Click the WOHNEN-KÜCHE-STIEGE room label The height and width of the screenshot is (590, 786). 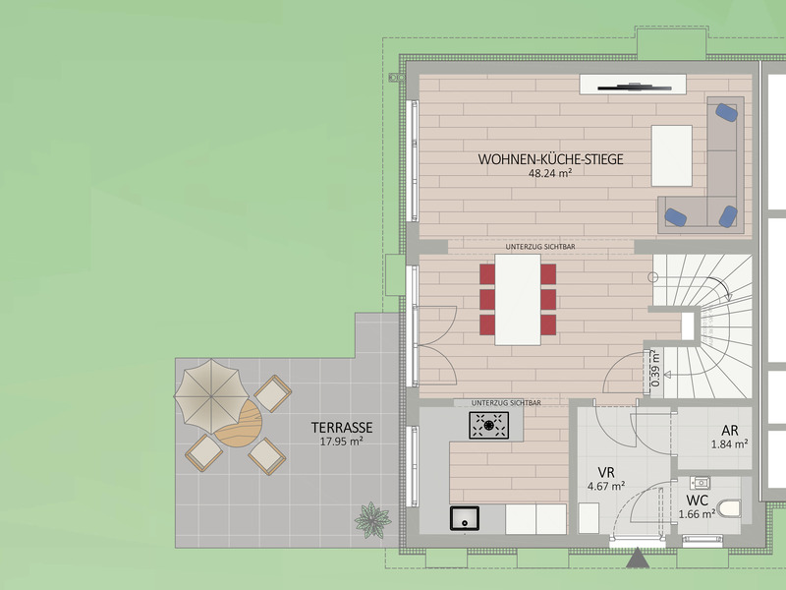(550, 159)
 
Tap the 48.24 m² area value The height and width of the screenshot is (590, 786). (550, 174)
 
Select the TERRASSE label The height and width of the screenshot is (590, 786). (342, 428)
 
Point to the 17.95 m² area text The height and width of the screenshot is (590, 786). (341, 442)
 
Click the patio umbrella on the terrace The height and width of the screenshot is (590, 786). (211, 396)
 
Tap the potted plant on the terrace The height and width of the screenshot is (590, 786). (372, 520)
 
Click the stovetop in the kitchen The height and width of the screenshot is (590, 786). (488, 426)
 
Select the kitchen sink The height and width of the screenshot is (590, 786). (465, 518)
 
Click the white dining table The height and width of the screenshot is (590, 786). (518, 300)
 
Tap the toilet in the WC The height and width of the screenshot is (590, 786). (729, 508)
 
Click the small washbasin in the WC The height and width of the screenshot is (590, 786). (700, 483)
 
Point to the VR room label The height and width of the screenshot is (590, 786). (606, 473)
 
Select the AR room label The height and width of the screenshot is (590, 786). (730, 431)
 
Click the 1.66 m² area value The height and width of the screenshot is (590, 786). (697, 514)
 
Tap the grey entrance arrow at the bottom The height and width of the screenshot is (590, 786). (638, 558)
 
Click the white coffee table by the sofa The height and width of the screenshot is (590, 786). (672, 155)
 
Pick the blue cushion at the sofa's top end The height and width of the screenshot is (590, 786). (726, 112)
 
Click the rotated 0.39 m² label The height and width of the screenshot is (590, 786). (654, 368)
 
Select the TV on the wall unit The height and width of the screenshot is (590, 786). (634, 88)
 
